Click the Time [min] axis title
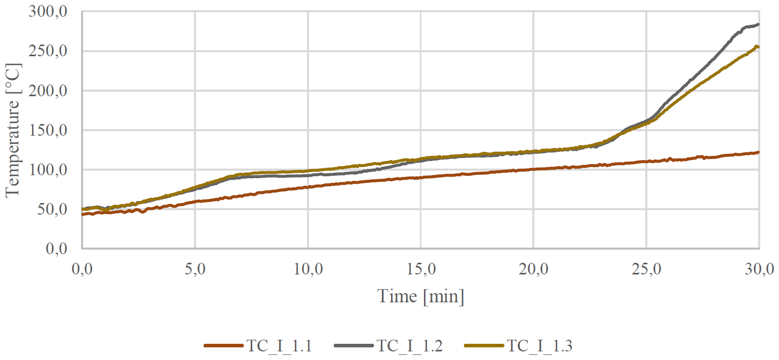[420, 296]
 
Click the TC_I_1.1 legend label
[279, 346]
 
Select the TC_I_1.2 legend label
[409, 346]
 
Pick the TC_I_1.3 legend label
[540, 346]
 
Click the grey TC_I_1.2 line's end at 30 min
[758, 24]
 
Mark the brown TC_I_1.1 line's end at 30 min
[758, 152]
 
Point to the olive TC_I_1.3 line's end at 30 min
[758, 47]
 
